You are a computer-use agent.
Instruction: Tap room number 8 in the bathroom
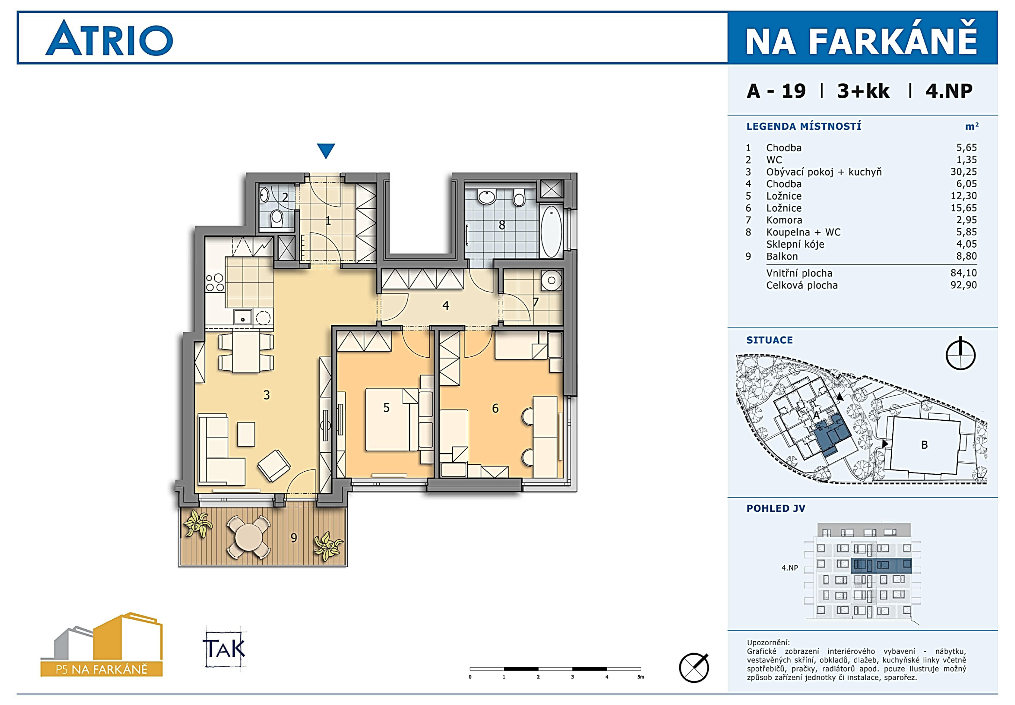click(502, 225)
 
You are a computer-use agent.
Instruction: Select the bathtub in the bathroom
click(551, 232)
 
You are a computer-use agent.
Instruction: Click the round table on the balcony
click(249, 538)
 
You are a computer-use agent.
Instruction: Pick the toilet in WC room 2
click(277, 217)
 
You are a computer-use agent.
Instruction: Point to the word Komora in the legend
click(784, 220)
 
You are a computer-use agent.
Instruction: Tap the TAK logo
click(224, 648)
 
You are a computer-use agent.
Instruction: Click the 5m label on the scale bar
click(640, 677)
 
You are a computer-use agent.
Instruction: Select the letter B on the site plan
click(925, 445)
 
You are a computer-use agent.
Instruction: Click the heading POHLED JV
click(776, 508)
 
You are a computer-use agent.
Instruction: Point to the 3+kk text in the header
click(863, 91)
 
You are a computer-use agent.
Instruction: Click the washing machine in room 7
click(551, 280)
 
